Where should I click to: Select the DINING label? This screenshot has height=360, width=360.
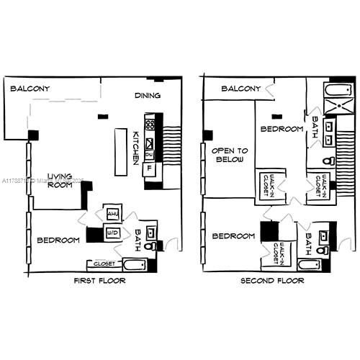coord(148,95)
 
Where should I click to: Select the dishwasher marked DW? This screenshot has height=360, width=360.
coord(149,154)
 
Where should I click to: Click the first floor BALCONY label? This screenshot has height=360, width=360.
coord(30,89)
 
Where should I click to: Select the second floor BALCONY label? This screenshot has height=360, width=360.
coord(240,89)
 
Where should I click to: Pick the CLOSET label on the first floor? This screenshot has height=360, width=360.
coord(104,264)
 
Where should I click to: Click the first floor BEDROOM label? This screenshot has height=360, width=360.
coord(58,240)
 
